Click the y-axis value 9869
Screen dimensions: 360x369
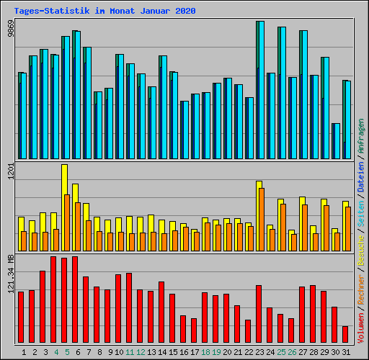(x=10, y=30)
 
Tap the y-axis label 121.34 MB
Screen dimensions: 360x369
(x=10, y=272)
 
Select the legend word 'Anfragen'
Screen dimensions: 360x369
(x=360, y=137)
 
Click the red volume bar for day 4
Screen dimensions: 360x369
(x=53, y=300)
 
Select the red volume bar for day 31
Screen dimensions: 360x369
(x=345, y=335)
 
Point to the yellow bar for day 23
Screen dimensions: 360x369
(x=259, y=209)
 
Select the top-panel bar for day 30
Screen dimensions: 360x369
(x=336, y=141)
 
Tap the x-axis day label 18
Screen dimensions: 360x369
(x=205, y=353)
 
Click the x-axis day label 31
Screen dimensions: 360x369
(x=346, y=353)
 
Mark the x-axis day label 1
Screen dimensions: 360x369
(x=25, y=353)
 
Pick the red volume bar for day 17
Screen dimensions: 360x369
(x=194, y=330)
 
